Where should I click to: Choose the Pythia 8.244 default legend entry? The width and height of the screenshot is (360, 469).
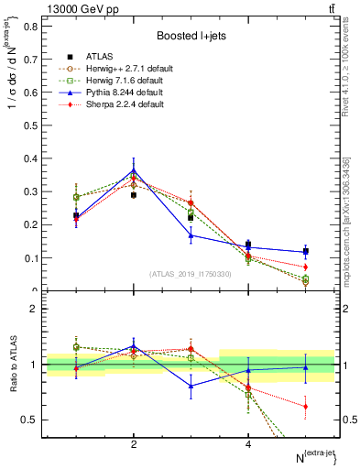125,93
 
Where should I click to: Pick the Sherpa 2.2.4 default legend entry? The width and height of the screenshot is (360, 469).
125,104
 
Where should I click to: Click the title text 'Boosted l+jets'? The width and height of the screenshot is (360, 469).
189,36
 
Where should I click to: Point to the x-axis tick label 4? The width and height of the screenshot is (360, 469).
248,444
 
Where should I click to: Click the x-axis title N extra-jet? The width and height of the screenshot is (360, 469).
311,455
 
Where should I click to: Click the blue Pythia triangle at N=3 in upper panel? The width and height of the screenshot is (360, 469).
191,235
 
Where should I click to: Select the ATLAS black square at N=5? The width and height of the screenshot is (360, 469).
305,251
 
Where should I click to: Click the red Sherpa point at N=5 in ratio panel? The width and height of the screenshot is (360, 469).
305,406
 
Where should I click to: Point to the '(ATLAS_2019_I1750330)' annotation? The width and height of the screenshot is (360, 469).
189,273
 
